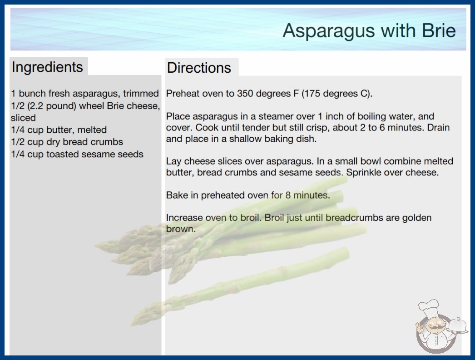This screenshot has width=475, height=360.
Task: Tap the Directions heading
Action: (199, 68)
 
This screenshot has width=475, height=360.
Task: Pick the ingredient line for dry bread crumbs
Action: (67, 142)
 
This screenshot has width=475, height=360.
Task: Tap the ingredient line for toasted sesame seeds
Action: (77, 154)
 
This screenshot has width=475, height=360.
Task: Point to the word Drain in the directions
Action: (438, 127)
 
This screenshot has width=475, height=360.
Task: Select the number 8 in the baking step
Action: (288, 195)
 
